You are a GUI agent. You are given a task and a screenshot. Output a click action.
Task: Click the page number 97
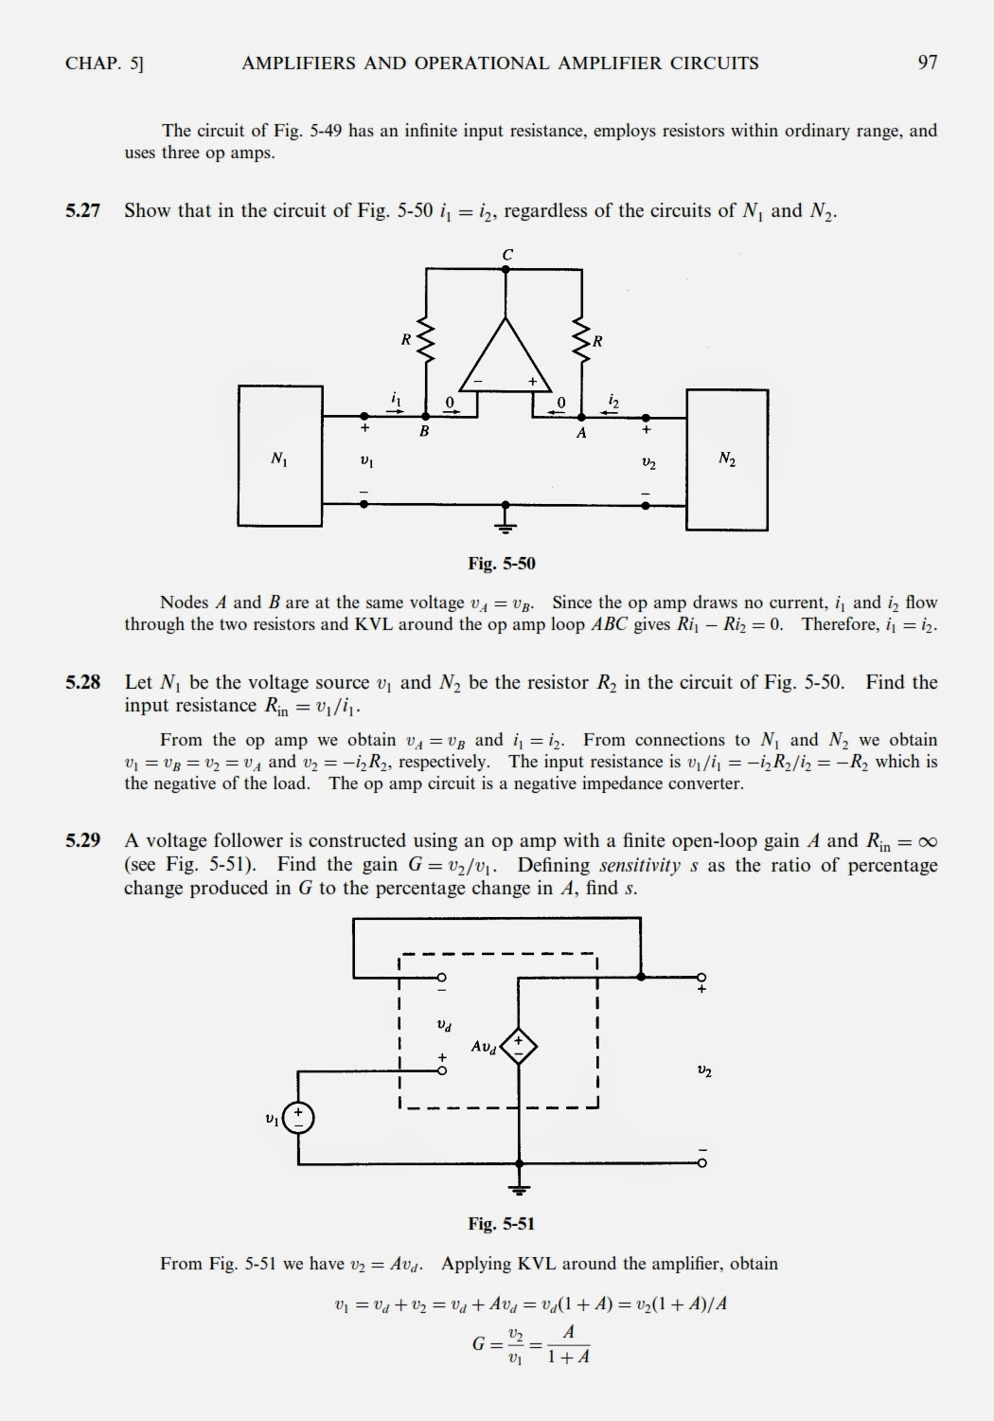coord(927,63)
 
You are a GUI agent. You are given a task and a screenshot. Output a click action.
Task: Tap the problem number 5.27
coord(83,210)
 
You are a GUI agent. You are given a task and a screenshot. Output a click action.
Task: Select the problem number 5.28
coord(83,682)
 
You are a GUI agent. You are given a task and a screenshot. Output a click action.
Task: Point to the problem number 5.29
coord(83,840)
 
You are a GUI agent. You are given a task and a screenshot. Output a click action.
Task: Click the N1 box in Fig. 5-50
coord(280,456)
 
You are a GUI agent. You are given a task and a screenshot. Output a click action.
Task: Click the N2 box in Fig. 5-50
coord(727,459)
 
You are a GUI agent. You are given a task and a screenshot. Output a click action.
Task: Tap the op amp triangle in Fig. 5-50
coord(506,360)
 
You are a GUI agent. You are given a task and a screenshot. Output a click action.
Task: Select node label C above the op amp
coord(507,255)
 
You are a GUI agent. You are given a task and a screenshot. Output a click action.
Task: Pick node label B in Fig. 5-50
coord(424,432)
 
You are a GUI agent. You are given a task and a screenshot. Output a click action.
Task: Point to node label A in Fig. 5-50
coord(581,433)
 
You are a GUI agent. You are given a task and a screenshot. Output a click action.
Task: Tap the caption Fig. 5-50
coord(502,564)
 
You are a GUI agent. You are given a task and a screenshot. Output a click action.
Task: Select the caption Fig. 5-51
coord(502,1224)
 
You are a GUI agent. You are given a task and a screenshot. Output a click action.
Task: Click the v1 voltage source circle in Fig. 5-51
coord(298,1118)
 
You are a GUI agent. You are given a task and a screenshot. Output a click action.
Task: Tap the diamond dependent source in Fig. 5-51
coord(518,1046)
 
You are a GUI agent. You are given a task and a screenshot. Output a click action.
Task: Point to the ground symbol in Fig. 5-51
coord(519,1188)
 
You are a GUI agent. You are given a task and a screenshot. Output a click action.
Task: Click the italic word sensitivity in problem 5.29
coord(640,865)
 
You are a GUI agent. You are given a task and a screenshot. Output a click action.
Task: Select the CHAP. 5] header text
coord(104,63)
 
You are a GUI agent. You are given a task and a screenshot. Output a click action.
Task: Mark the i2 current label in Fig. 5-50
coord(613,402)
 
